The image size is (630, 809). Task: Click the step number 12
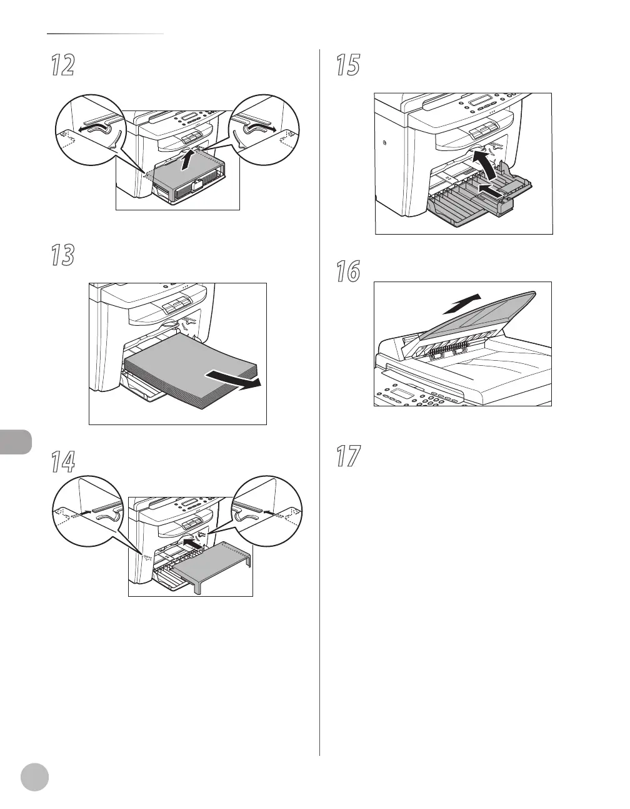coord(62,65)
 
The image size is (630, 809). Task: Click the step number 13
coord(62,255)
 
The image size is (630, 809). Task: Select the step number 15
coord(347,65)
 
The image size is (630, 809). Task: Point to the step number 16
coord(347,271)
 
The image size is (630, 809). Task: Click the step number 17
coord(347,456)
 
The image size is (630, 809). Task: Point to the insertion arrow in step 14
coord(194,544)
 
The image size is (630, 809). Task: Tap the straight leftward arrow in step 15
coord(491,191)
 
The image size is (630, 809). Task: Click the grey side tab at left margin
coord(15,441)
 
